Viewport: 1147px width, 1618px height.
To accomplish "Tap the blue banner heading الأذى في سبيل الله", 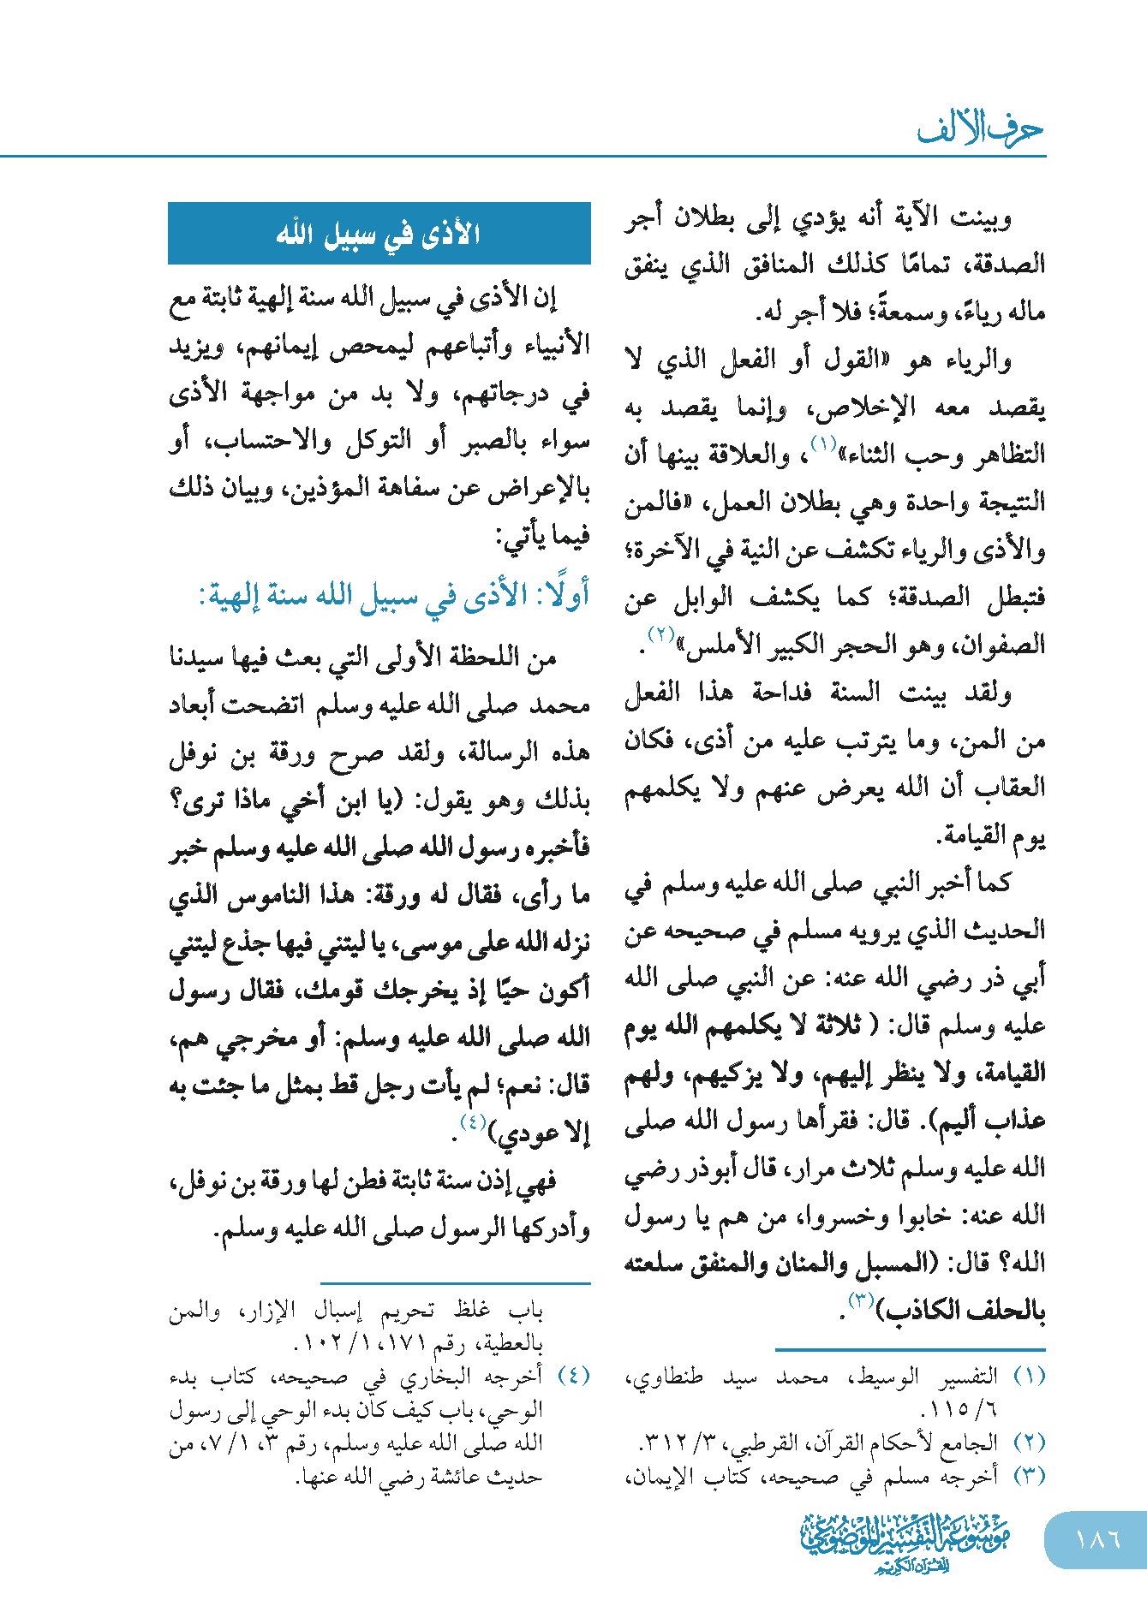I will pos(379,234).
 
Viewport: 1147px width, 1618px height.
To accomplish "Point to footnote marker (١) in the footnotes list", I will pos(1029,1377).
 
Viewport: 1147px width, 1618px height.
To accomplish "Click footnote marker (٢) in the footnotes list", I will pos(1029,1443).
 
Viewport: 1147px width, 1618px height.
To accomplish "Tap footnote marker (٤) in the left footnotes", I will pos(573,1377).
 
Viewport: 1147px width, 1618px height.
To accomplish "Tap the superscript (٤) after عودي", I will pos(474,1122).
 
